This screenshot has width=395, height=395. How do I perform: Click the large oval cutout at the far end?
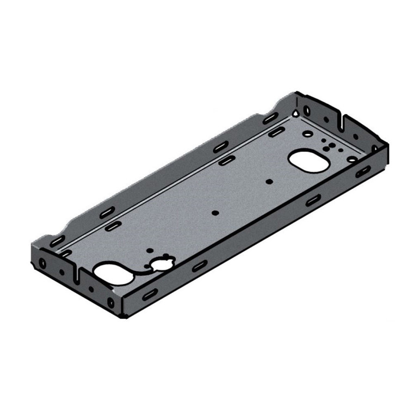pos(308,161)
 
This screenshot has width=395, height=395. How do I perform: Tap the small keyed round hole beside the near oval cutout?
pos(162,265)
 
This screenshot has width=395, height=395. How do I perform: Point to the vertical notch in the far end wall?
pos(342,119)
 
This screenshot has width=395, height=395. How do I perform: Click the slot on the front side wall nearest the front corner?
pos(147,294)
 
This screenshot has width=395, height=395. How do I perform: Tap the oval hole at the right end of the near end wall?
pos(111,302)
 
